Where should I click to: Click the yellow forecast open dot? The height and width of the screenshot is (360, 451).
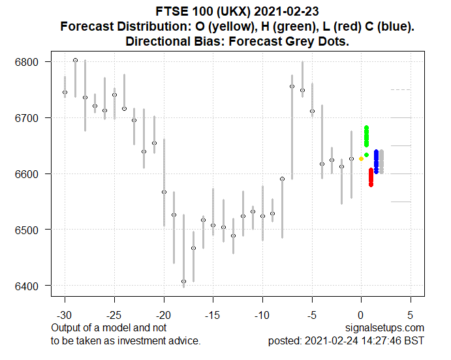pos(361,158)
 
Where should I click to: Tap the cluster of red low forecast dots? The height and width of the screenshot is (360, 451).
pos(371,177)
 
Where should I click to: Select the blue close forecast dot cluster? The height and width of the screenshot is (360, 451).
pos(376,162)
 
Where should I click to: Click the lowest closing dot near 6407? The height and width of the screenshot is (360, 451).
pos(183,282)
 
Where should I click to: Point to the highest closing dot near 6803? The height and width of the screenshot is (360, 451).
pos(75,60)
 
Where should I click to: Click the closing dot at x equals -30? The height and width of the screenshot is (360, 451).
pos(65,92)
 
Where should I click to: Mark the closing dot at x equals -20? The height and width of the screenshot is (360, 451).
pos(164,192)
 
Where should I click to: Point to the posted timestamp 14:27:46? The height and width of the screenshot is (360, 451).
pos(382,340)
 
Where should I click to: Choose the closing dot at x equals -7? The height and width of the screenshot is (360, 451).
pos(292,86)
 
